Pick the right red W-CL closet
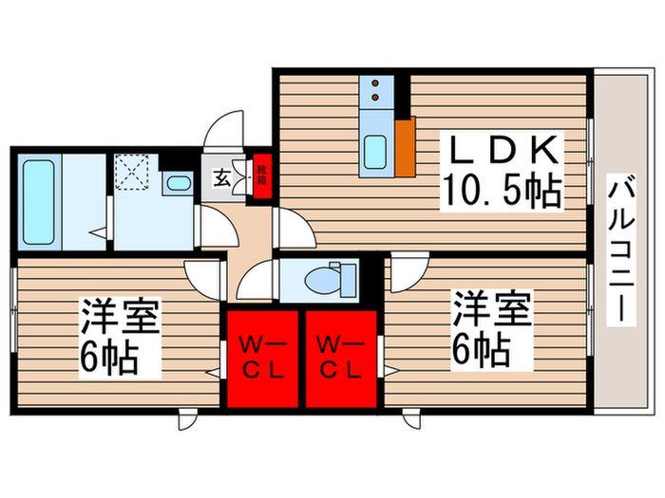pos(340,356)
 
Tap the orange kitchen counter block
pos(406,146)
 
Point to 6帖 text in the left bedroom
pos(110,358)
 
